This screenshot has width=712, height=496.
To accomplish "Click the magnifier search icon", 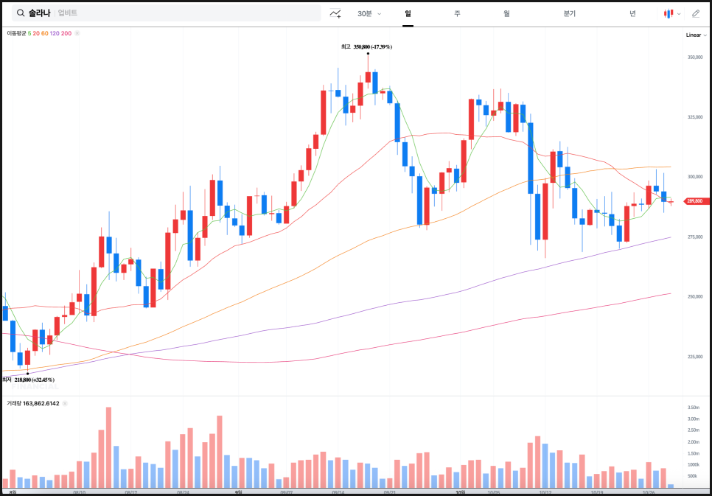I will (x=19, y=13).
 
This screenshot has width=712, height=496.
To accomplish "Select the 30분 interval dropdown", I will (x=369, y=13).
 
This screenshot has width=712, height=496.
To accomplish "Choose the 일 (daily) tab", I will (x=408, y=13).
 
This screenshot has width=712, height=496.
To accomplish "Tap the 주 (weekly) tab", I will (x=457, y=13).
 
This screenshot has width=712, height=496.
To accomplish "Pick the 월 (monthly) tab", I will (x=506, y=13).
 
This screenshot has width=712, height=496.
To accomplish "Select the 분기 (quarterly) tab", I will (x=569, y=13).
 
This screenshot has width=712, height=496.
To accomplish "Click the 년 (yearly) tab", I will (x=632, y=13).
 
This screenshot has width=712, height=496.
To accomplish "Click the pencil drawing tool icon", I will (x=696, y=13).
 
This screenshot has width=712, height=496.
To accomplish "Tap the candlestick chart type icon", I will (x=669, y=13).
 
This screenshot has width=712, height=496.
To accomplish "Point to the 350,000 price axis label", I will (x=695, y=57).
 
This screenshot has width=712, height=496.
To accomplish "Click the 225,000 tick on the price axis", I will (x=695, y=357).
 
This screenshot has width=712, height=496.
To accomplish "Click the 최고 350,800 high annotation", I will (x=366, y=46).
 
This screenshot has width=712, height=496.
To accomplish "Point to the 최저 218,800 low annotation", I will (x=29, y=380).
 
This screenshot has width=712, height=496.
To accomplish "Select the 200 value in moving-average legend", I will (x=66, y=33).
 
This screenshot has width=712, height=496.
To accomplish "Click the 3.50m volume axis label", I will (x=693, y=408).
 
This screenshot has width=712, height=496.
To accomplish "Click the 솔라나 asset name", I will (x=40, y=13).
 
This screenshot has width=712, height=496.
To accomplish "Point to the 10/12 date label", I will (x=546, y=492).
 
